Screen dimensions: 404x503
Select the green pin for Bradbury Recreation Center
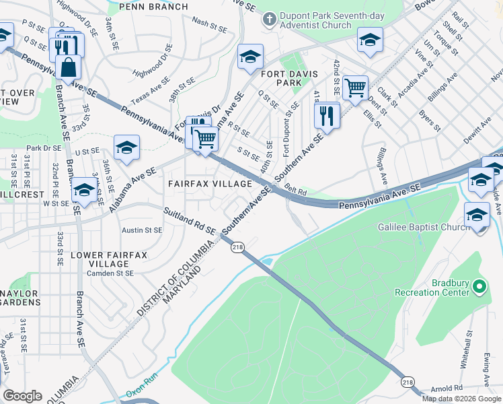(x=479, y=288)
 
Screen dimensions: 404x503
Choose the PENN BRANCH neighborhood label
(x=153, y=7)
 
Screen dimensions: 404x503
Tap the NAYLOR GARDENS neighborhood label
(x=20, y=297)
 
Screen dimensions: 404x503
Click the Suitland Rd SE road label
(x=190, y=221)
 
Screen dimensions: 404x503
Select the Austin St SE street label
(x=142, y=230)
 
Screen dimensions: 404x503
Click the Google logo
(x=22, y=395)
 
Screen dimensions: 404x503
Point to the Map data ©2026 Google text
(x=461, y=399)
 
